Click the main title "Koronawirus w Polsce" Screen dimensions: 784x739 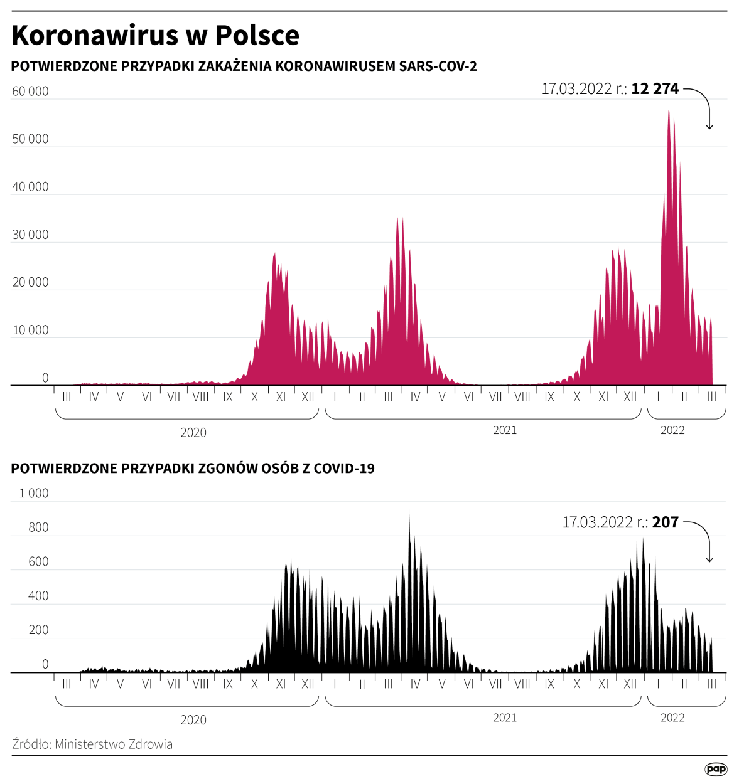point(155,36)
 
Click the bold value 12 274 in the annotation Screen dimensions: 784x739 point(655,89)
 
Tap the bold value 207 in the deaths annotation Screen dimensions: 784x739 point(666,522)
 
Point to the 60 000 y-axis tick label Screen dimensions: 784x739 point(30,92)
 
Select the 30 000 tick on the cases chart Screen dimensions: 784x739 point(30,235)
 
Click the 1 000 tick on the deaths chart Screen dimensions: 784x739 point(34,494)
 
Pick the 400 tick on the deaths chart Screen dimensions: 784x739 point(38,596)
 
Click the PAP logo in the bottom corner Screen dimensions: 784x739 point(716,769)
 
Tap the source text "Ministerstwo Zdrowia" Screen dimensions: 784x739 point(113,744)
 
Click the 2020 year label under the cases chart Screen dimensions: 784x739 point(193,433)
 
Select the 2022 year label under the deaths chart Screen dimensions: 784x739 point(672,718)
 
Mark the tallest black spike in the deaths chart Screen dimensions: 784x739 point(409,512)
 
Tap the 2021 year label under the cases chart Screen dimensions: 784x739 point(505,430)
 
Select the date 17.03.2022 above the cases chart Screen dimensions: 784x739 point(576,89)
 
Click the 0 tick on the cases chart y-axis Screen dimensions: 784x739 point(45,378)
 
